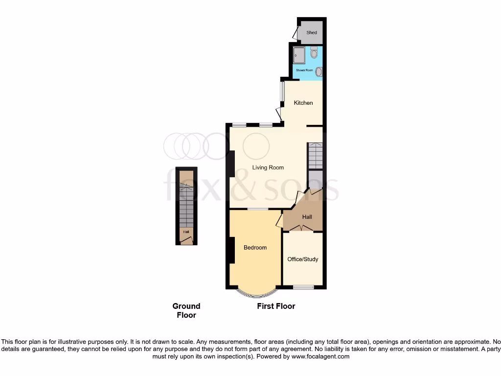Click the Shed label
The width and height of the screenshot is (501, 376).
point(312,33)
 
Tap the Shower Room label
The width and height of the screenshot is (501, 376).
point(304,70)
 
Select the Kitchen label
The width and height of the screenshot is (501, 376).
point(303,103)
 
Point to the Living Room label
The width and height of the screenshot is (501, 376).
point(268,167)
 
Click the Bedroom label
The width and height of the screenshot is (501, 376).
point(255,248)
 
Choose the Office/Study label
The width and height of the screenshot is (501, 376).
point(303,259)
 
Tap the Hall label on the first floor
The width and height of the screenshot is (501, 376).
point(307,217)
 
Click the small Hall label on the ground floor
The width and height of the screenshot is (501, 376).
point(186,232)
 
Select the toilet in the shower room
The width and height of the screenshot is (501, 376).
point(314,52)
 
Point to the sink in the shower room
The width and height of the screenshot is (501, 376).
point(319,71)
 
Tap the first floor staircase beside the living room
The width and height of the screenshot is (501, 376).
point(315,155)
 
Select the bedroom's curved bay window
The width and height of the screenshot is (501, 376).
point(255,294)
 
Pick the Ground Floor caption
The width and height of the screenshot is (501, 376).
point(186,310)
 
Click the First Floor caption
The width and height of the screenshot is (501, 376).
point(276,306)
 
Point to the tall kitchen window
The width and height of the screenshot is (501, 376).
point(282,92)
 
